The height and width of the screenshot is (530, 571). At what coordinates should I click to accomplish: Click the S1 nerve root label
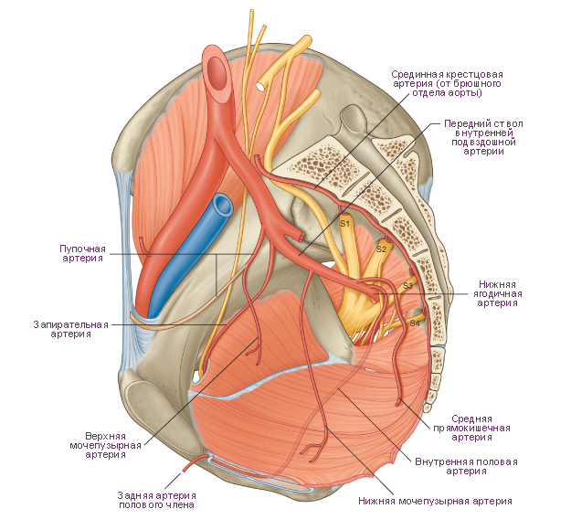tap(344, 223)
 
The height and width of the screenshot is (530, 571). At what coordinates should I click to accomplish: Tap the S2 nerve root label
tap(381, 249)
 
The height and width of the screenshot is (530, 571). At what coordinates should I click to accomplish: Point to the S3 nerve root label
tap(407, 286)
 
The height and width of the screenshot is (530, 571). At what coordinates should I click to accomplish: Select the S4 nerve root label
tap(415, 323)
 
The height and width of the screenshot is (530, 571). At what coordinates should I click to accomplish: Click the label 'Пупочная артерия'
tap(82, 253)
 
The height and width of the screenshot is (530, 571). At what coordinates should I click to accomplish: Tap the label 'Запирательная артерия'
tap(71, 329)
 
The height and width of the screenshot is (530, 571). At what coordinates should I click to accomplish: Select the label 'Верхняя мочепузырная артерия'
tap(106, 445)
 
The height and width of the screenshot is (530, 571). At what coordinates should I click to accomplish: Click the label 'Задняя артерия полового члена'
tap(156, 500)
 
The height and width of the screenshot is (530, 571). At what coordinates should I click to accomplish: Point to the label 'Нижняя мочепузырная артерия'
tap(435, 502)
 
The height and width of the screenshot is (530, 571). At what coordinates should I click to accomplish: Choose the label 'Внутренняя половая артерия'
tap(466, 466)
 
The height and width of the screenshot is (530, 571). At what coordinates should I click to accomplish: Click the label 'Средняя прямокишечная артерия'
tap(471, 428)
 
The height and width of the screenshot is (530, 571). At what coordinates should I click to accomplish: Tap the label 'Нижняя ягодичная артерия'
tap(497, 293)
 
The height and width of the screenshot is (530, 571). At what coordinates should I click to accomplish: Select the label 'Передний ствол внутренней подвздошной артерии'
tap(483, 137)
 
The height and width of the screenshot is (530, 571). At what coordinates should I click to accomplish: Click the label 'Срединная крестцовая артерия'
tap(447, 83)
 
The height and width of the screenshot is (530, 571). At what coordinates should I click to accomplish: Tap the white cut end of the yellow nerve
tap(261, 86)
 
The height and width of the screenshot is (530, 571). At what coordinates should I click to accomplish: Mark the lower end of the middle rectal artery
tap(397, 404)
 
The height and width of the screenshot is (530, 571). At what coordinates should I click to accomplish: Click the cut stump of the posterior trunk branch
tap(301, 237)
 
